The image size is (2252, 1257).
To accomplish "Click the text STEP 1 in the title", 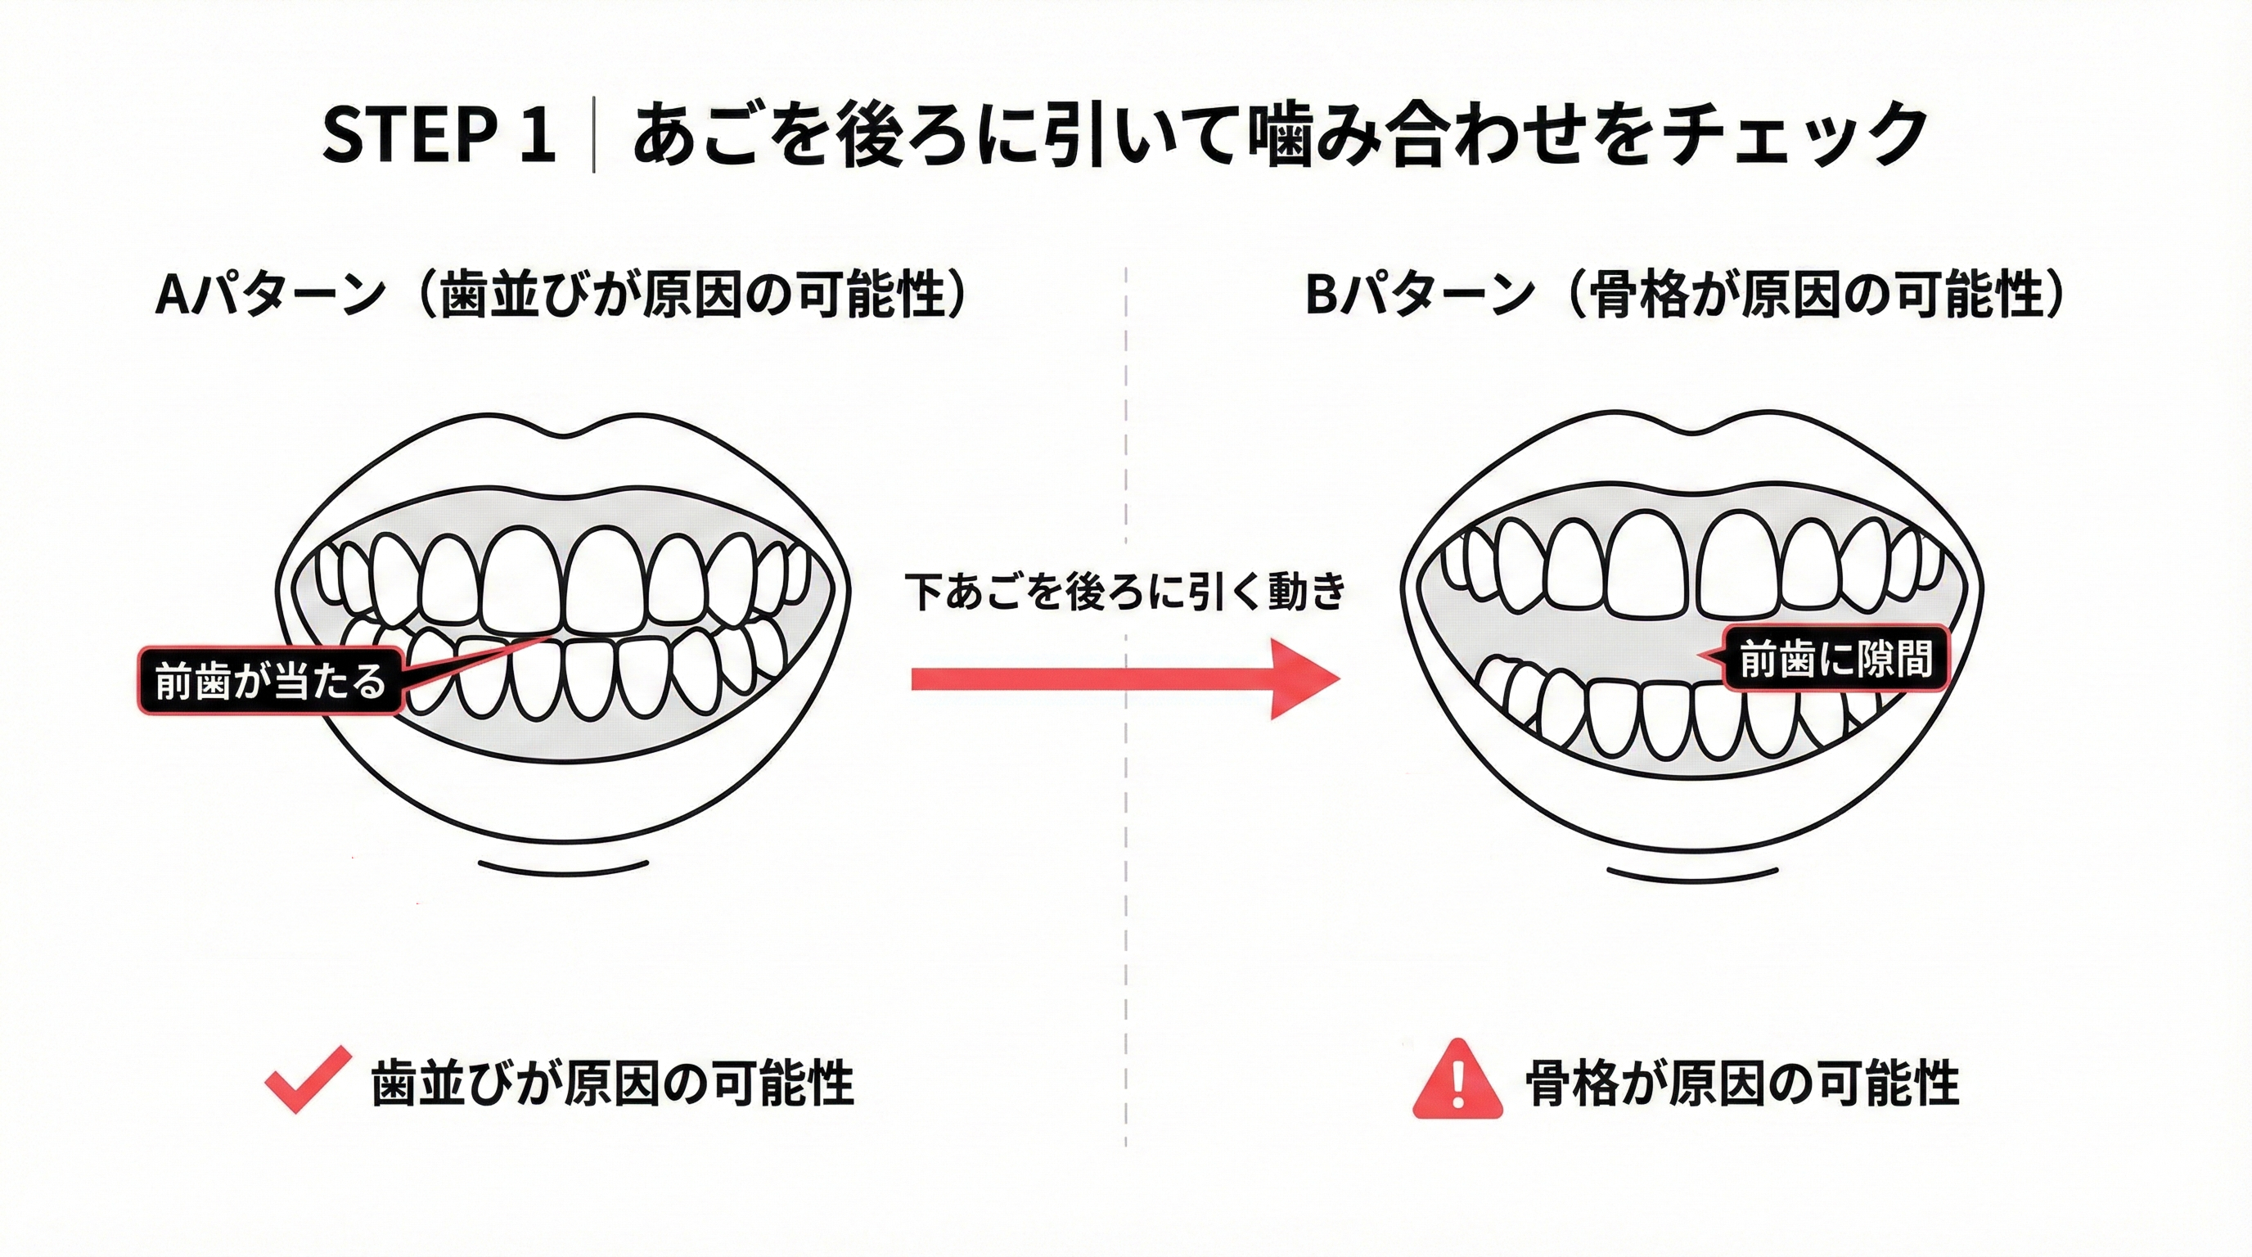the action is pos(439,136).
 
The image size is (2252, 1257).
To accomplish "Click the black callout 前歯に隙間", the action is pos(1835,658).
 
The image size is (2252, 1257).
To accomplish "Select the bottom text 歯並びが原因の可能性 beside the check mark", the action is pos(612,1084).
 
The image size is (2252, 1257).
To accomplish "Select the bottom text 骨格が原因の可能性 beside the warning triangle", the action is pos(1741,1084).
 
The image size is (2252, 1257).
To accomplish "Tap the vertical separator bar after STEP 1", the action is pos(594,136).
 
